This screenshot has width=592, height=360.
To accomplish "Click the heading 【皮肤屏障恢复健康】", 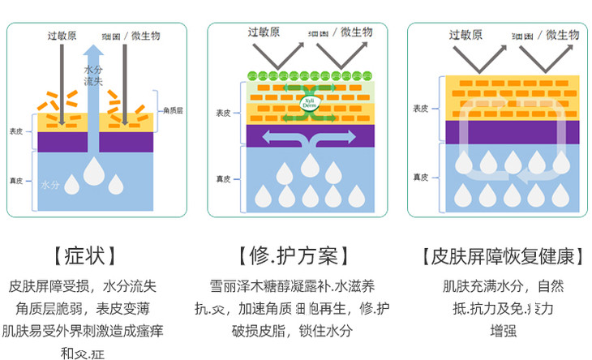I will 503,257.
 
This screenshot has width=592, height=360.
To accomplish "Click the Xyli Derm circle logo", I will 309,102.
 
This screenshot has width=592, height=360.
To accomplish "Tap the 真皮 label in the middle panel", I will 224,178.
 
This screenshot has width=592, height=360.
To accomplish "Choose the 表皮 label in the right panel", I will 420,108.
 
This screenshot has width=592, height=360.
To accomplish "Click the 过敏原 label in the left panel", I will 62,35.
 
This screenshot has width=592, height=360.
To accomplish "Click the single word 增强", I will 504,331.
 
